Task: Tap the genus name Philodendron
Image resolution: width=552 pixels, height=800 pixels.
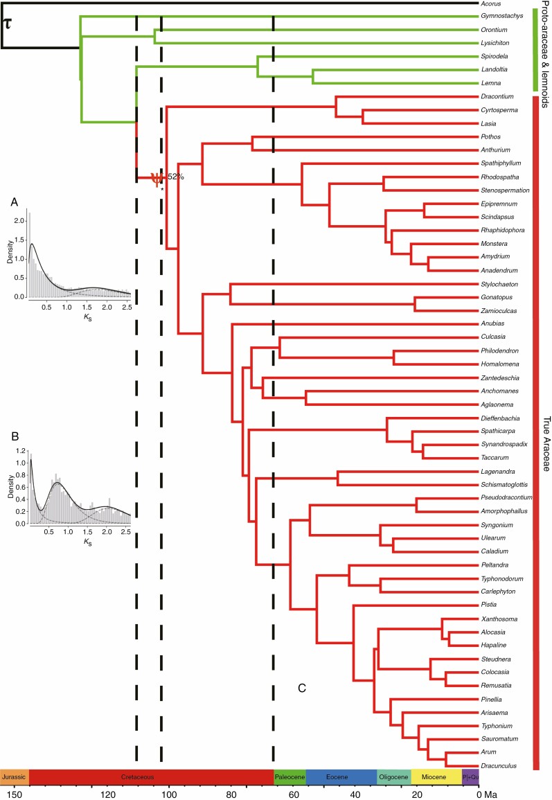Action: (499, 350)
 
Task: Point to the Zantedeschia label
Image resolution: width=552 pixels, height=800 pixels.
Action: (500, 377)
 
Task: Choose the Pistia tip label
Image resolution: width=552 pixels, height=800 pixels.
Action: (488, 605)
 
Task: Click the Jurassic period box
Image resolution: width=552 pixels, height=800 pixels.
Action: (14, 778)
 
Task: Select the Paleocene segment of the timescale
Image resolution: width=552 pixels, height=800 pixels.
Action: (290, 778)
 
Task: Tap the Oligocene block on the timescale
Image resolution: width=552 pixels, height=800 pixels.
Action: (393, 778)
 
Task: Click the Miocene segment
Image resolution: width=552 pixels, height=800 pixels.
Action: (436, 778)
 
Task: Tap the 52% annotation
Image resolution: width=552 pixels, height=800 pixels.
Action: (175, 177)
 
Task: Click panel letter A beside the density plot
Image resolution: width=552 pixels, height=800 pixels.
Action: (15, 202)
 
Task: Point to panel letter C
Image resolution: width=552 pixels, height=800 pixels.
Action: (302, 688)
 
